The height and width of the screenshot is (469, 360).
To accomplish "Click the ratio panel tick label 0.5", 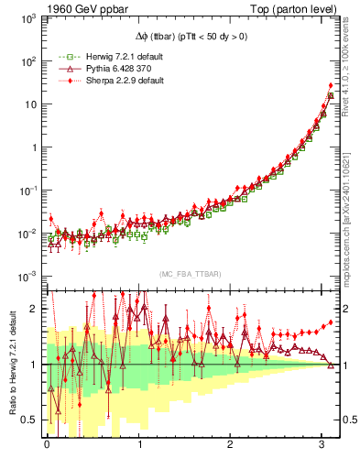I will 30,420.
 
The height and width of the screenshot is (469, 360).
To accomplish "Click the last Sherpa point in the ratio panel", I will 331,322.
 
